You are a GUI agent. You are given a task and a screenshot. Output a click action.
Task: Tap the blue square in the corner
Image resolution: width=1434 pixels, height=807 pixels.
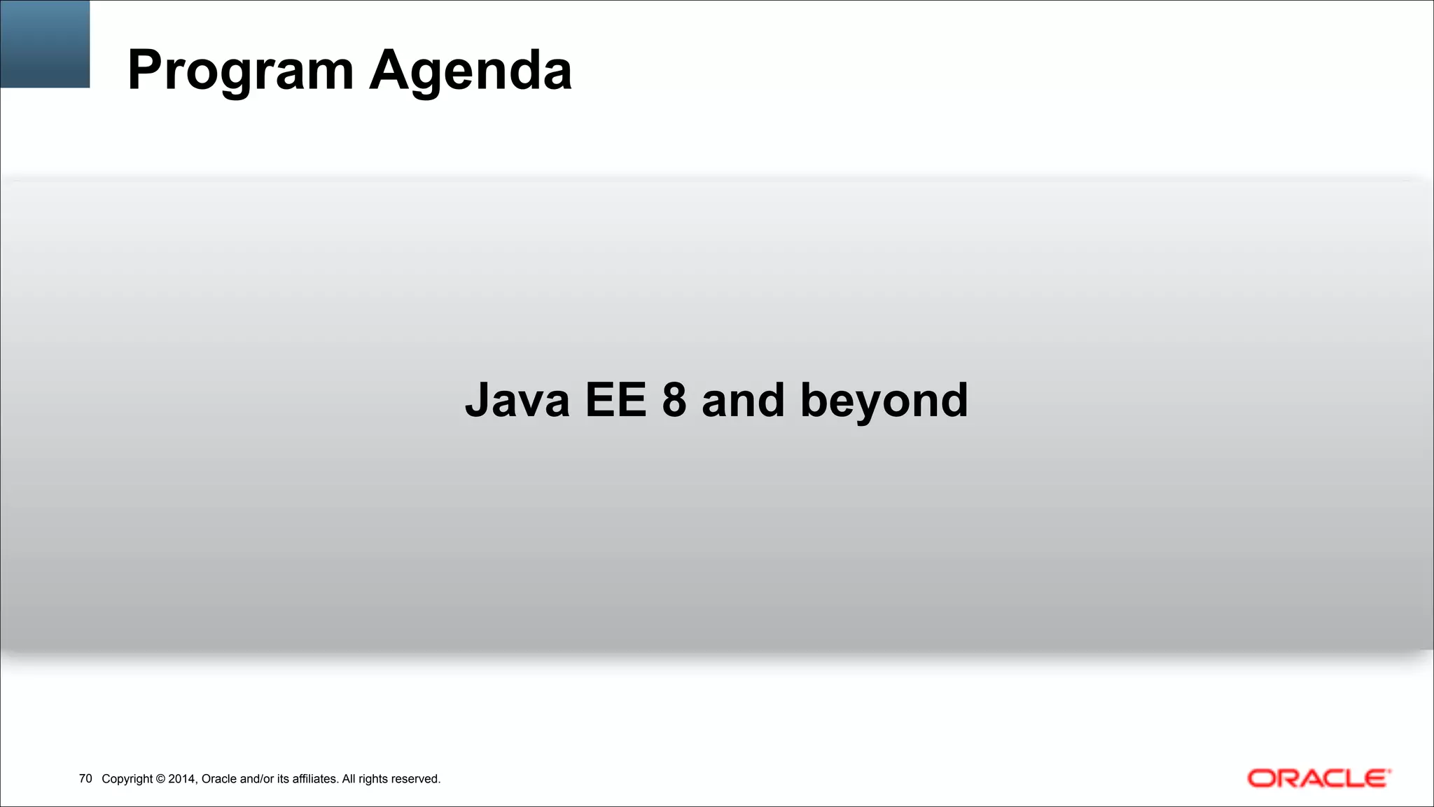[45, 43]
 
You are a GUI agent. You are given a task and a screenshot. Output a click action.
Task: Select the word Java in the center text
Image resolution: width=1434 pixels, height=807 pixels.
[517, 401]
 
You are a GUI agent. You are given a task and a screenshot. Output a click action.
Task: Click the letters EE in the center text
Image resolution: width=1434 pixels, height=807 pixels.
[615, 401]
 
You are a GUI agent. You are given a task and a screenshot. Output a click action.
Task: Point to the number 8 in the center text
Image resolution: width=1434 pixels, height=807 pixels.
[674, 401]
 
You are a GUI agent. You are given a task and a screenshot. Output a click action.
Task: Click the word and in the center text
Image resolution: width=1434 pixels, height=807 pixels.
[743, 401]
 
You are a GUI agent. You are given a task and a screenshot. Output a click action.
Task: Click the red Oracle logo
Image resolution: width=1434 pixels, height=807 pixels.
[1318, 778]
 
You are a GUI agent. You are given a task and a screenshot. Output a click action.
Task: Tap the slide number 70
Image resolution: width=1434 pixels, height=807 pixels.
[85, 779]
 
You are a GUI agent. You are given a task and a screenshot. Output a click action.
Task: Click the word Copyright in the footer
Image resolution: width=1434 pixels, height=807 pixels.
[127, 779]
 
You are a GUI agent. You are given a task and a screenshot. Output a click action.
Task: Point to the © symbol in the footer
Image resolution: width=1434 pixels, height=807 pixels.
[160, 779]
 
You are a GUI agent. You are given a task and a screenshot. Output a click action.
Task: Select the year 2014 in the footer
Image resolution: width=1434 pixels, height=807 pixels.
[182, 779]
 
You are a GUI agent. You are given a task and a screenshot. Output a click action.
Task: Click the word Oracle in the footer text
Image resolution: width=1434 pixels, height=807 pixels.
[218, 779]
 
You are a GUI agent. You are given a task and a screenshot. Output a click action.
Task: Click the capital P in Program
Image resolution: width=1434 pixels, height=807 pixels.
[144, 70]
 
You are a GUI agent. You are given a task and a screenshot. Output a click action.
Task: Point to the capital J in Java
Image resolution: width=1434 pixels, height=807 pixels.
[478, 401]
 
